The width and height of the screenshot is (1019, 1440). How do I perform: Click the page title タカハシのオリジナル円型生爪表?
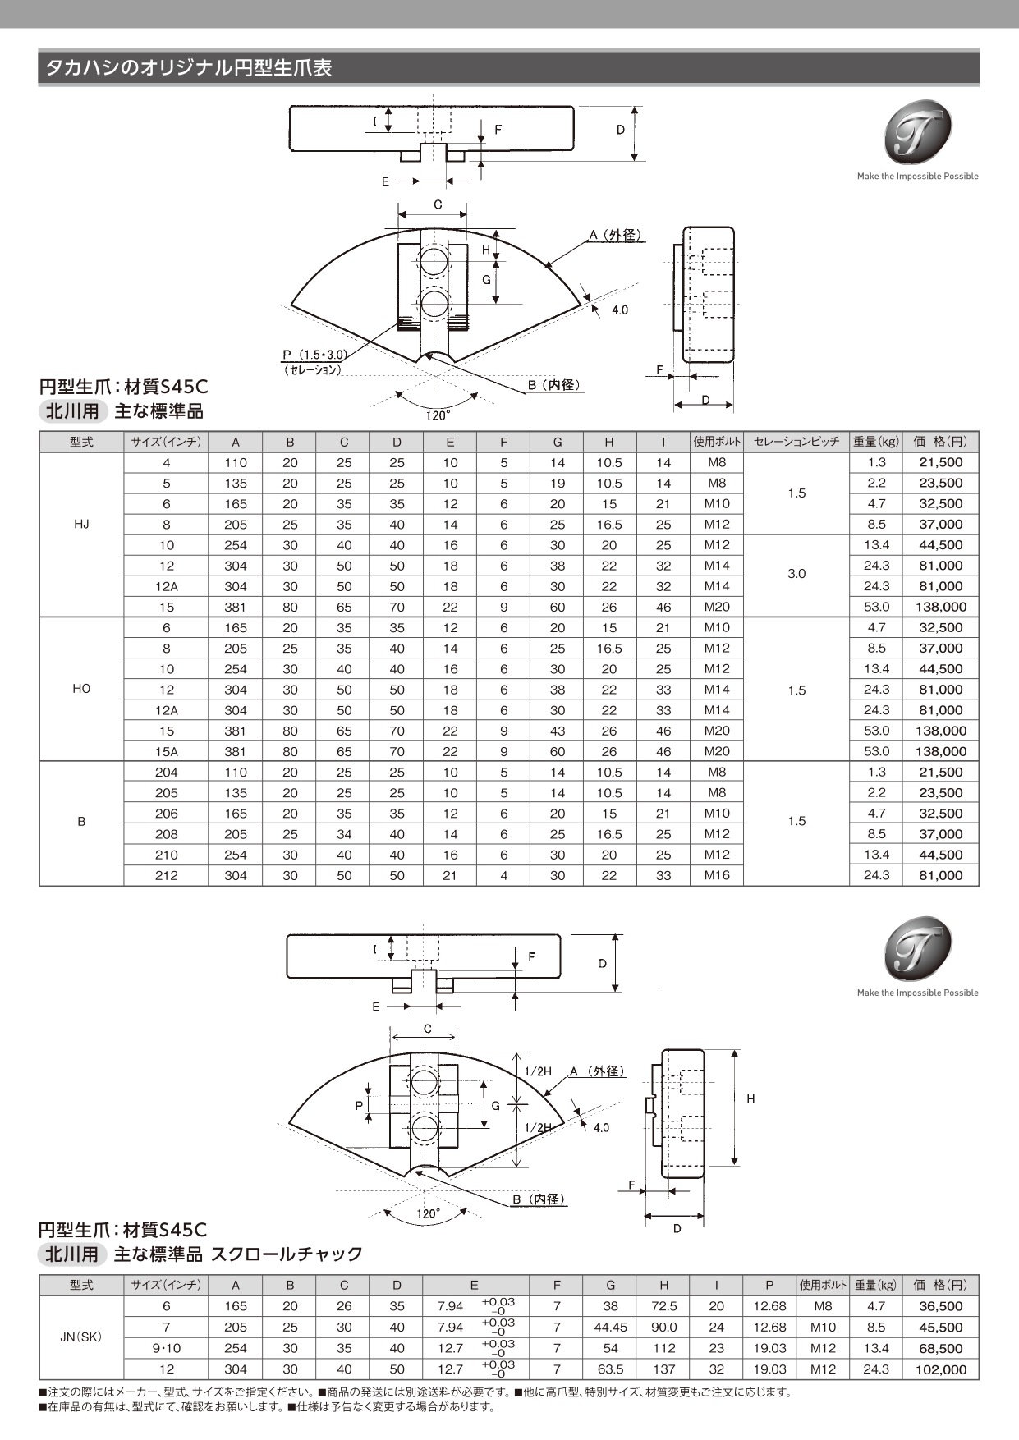pos(188,68)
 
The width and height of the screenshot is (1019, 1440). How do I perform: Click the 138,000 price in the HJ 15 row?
pos(941,608)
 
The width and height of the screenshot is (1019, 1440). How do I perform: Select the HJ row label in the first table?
pos(81,525)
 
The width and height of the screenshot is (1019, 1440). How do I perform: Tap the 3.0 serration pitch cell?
pos(796,574)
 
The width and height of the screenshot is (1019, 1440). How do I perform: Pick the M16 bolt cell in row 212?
pos(717,876)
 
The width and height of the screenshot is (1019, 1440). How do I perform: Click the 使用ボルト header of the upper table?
pos(717,442)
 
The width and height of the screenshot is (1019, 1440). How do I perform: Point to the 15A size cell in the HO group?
pos(166,752)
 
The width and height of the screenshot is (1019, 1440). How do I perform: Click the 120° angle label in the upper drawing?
pos(437,416)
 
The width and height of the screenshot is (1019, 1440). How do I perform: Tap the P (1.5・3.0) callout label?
pos(314,355)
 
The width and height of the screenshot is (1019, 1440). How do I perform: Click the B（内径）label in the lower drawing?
pos(539,1199)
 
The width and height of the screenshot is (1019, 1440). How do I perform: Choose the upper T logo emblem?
pos(917,132)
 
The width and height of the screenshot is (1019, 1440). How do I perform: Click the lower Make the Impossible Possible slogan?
pos(917,993)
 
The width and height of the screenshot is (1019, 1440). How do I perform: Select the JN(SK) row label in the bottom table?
pos(81,1337)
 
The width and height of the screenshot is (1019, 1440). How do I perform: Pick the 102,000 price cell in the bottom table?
pos(941,1369)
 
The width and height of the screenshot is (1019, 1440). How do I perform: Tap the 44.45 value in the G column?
pos(610,1328)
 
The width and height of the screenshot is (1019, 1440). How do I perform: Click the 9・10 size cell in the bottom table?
pos(166,1348)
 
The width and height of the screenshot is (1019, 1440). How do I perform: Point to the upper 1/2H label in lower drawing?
pos(538,1071)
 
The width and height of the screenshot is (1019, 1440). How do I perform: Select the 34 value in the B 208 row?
pos(344,834)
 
